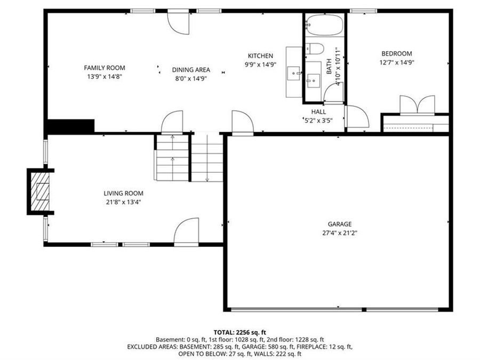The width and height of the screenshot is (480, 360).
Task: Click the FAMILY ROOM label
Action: point(105,68)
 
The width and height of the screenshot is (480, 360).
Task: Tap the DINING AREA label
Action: point(191,69)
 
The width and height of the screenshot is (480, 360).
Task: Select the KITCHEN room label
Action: point(260,55)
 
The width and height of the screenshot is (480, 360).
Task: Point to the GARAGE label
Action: point(340,224)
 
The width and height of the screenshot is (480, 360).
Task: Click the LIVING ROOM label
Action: point(123,193)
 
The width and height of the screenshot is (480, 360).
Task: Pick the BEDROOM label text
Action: point(397,53)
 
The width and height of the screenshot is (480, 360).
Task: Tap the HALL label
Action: point(319,111)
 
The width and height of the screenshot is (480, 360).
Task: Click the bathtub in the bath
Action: point(325,25)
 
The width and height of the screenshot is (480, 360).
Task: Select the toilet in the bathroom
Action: point(315,49)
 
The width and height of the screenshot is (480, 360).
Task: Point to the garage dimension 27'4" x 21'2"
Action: point(340,233)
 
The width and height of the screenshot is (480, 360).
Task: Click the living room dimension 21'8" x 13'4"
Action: point(123,202)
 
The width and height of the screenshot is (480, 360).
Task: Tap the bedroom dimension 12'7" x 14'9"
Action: point(397,62)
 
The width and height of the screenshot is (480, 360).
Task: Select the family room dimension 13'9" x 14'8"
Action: point(105,76)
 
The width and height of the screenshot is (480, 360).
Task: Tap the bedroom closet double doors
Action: point(417,105)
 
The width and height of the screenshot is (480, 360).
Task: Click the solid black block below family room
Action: point(70,126)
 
